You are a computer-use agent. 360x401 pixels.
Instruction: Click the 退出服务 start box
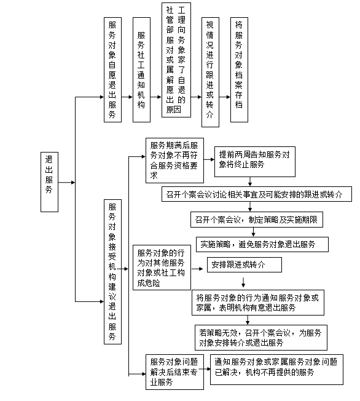click(49, 182)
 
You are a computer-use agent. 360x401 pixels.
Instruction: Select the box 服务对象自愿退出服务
click(112, 70)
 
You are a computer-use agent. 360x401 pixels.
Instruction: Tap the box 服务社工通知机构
click(141, 70)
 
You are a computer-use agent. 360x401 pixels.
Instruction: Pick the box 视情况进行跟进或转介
click(210, 72)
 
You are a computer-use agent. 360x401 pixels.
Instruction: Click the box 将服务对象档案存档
click(239, 70)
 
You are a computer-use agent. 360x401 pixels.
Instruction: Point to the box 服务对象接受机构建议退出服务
click(112, 272)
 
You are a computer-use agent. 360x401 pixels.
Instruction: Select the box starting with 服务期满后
click(174, 161)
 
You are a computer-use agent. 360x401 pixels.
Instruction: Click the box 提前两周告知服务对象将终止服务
click(255, 162)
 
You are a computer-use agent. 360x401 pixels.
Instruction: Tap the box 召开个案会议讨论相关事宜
click(257, 194)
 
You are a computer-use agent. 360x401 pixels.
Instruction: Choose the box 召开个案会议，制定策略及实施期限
click(257, 220)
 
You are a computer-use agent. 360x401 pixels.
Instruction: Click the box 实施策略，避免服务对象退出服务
click(262, 245)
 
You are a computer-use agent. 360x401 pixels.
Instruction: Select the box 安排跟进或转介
click(245, 264)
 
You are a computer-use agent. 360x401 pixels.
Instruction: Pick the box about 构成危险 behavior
click(162, 268)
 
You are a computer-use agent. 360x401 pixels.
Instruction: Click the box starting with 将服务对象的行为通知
click(258, 303)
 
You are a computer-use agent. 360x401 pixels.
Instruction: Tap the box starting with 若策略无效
click(261, 338)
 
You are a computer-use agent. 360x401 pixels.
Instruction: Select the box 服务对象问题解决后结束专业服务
click(174, 372)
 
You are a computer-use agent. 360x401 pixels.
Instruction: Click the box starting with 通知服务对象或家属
click(276, 370)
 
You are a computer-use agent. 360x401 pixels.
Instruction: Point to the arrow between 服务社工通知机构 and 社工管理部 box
click(156, 97)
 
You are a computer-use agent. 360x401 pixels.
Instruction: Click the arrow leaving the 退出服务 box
click(66, 182)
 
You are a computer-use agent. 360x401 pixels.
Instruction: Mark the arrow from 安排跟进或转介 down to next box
click(243, 282)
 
